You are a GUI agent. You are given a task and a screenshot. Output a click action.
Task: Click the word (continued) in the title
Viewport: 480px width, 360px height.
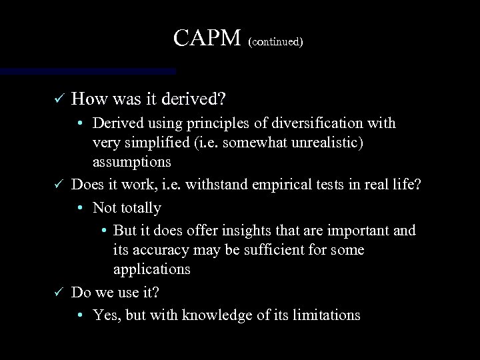pos(275,41)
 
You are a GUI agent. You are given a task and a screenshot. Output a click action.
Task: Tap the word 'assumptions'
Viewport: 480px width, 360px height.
pos(132,162)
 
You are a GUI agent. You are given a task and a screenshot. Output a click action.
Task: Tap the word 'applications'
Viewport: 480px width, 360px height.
pos(152,269)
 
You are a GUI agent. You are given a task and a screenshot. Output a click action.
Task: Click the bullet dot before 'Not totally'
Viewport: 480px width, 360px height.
pos(79,208)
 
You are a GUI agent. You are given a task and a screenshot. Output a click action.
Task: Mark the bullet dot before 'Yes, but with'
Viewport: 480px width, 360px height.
pos(79,315)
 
